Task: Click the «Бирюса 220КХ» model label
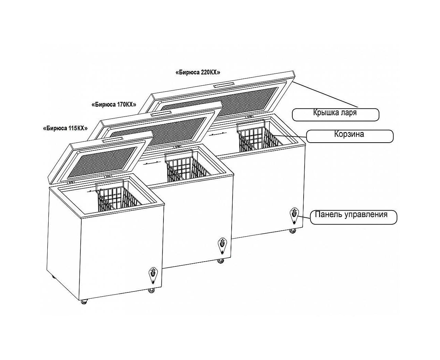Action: tap(198, 72)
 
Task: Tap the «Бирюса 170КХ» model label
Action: tap(114, 104)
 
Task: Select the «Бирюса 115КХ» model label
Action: tap(65, 128)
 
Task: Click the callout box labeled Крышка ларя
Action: tap(335, 115)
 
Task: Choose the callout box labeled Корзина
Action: tap(350, 136)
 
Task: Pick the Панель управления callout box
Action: tap(353, 217)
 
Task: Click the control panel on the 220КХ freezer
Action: tap(294, 216)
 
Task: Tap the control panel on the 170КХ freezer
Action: tap(222, 246)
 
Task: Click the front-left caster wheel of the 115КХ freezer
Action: tap(84, 302)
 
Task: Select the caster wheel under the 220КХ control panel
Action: tap(293, 231)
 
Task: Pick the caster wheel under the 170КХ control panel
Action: tap(221, 261)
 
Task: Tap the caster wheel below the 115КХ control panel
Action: tap(151, 290)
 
